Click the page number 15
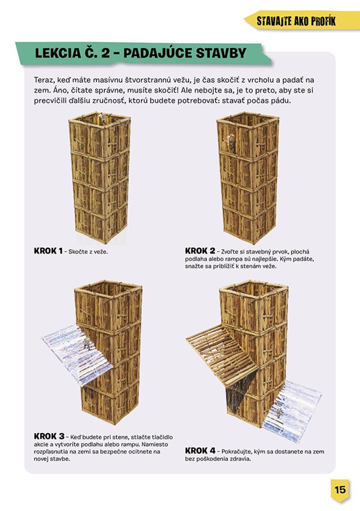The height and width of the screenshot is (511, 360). pyautogui.click(x=340, y=489)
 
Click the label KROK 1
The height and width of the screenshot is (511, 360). pyautogui.click(x=48, y=251)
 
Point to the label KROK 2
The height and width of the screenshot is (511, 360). pyautogui.click(x=200, y=251)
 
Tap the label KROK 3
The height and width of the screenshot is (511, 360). pyautogui.click(x=49, y=436)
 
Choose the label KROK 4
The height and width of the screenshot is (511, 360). pyautogui.click(x=200, y=451)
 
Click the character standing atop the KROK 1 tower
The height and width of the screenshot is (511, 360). pyautogui.click(x=103, y=118)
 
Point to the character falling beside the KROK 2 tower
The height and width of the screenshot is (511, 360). pyautogui.click(x=230, y=141)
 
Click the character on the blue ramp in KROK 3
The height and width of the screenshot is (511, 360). pyautogui.click(x=87, y=344)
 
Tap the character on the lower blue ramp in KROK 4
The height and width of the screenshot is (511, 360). pyautogui.click(x=280, y=413)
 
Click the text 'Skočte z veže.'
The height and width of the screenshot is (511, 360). pyautogui.click(x=88, y=252)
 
